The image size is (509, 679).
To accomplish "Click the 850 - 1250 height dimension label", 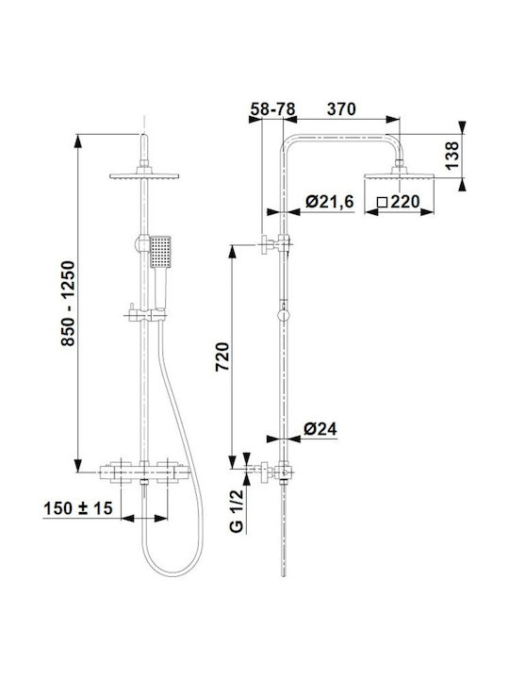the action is click(68, 303).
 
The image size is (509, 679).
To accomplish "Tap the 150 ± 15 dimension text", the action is click(78, 508).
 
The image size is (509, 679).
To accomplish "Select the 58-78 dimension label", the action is click(272, 109).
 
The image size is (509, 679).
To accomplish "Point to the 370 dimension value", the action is click(341, 109).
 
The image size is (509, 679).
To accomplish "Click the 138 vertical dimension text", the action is click(451, 156).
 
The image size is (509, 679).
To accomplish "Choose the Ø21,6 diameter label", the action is click(329, 202).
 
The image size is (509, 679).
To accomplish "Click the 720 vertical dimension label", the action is click(222, 356).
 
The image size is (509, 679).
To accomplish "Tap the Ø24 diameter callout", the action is click(320, 429).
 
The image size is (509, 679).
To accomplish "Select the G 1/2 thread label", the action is click(238, 510).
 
